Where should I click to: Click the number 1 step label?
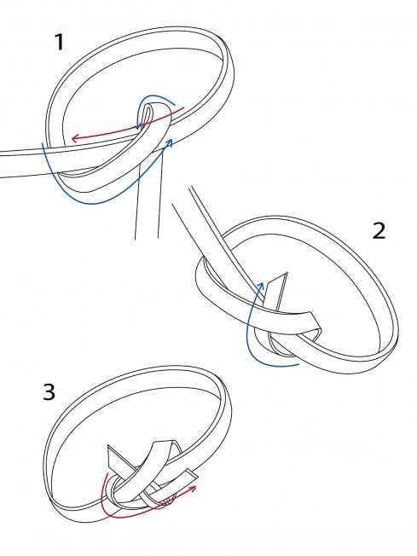59,42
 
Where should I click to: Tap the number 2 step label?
379,231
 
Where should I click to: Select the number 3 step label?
49,391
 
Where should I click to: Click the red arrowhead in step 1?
74,138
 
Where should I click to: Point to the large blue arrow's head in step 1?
170,142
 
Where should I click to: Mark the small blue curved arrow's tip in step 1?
138,126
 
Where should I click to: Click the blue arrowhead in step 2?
261,286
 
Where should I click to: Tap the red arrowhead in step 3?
194,489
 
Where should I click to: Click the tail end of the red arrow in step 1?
183,107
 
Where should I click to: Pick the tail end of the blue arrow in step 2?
298,364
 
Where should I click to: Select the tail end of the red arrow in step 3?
107,473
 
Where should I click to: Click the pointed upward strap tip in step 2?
287,273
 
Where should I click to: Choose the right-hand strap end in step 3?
192,474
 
